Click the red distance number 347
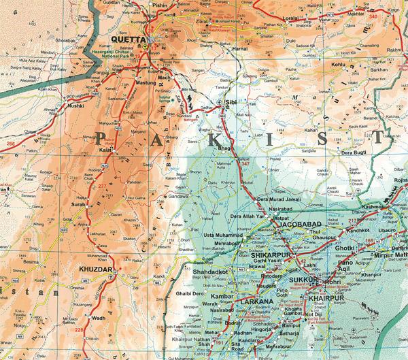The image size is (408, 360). pos(245,165)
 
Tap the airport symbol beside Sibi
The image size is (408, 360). pos(219,102)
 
